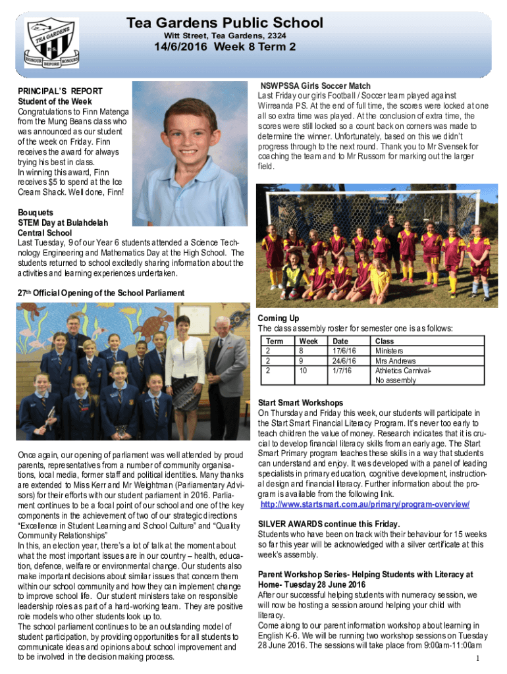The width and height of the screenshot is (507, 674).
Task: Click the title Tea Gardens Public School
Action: point(225,23)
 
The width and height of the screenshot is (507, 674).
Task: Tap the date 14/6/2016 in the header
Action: point(225,47)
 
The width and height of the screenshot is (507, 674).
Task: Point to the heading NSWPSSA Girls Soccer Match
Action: point(315,86)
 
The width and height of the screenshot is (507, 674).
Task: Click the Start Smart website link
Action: point(365,504)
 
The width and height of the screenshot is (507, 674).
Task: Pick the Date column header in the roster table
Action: point(340,341)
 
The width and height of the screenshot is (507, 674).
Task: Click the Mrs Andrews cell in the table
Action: point(396,361)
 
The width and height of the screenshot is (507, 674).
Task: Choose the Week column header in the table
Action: point(308,341)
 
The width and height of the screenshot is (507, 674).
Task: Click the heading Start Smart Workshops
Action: point(300,402)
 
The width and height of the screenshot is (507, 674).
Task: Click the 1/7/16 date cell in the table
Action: point(342,371)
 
